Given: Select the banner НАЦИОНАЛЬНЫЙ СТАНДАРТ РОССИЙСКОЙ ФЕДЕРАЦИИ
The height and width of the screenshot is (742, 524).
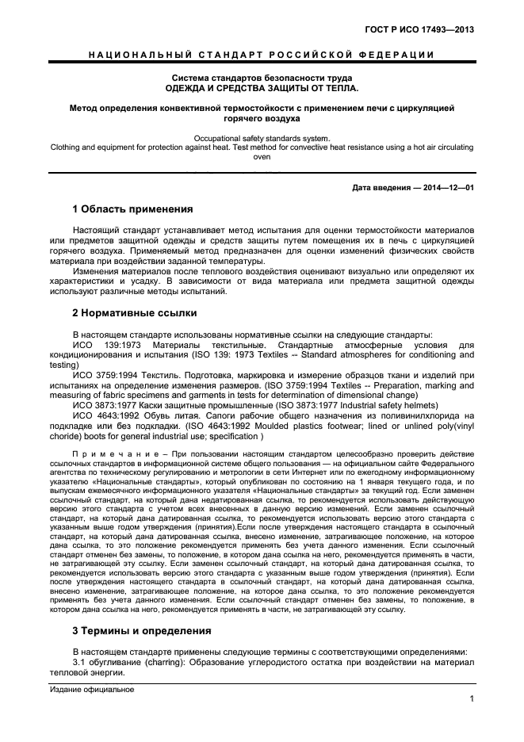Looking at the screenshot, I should tap(261, 55).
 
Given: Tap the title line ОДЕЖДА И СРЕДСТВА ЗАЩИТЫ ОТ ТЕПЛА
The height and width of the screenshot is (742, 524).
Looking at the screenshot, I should tap(261, 88).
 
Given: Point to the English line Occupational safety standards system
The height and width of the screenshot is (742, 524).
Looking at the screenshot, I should tap(261, 138).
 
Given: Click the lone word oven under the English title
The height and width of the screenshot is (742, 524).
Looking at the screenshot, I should tap(261, 157).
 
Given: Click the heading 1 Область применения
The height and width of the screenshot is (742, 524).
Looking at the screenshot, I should tap(132, 209).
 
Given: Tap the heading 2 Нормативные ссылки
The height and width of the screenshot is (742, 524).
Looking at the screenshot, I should tap(136, 312).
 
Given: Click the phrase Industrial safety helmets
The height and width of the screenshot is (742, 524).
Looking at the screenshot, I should tap(375, 403).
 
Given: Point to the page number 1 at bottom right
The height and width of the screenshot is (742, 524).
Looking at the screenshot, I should tap(471, 698).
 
